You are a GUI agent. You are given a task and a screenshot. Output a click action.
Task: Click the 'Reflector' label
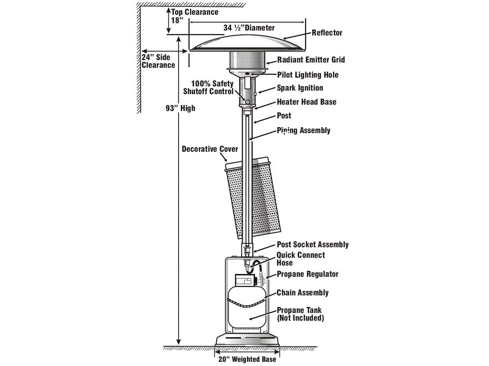pyautogui.click(x=327, y=33)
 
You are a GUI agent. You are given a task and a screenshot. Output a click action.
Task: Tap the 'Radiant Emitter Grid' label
pyautogui.click(x=311, y=60)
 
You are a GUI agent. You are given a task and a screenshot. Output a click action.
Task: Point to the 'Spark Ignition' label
pyautogui.click(x=300, y=88)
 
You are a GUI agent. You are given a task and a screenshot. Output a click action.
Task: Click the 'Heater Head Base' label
pyautogui.click(x=306, y=102)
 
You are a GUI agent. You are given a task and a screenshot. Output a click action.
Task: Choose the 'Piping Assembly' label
pyautogui.click(x=304, y=131)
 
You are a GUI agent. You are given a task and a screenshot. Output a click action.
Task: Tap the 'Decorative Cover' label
pyautogui.click(x=210, y=149)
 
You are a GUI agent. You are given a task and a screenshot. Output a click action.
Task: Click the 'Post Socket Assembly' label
pyautogui.click(x=313, y=244)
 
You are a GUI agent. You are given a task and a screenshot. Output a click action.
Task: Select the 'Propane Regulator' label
pyautogui.click(x=308, y=274)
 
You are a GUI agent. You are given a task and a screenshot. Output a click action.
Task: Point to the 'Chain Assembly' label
pyautogui.click(x=302, y=293)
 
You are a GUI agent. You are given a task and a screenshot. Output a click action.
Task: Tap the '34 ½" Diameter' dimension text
pyautogui.click(x=249, y=28)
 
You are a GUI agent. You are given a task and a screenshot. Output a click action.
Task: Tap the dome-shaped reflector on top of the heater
pyautogui.click(x=247, y=43)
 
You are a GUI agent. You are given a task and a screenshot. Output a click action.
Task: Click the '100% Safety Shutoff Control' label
pyautogui.click(x=209, y=88)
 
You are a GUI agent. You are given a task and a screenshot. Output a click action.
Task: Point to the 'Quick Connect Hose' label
pyautogui.click(x=301, y=259)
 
